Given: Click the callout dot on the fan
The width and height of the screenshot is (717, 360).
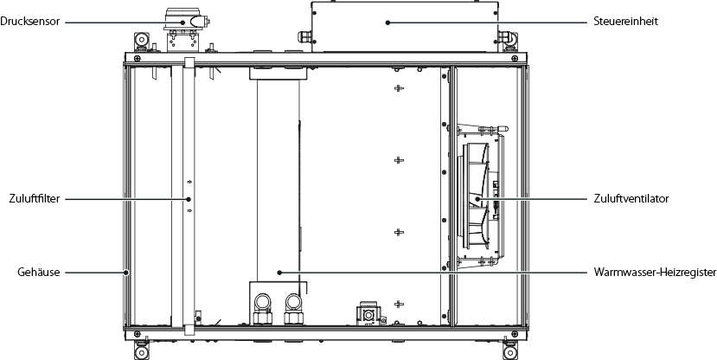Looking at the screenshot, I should click(x=477, y=199).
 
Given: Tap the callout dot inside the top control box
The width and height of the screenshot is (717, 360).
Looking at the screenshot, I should click(x=387, y=22).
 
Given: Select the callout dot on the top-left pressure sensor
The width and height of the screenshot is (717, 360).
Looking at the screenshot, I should click(x=182, y=22).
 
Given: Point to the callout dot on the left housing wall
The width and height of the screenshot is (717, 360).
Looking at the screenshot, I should click(x=126, y=272).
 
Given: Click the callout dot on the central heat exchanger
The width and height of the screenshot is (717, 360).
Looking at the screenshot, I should click(x=279, y=272).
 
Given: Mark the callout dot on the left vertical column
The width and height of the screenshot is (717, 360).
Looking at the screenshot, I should click(x=189, y=199).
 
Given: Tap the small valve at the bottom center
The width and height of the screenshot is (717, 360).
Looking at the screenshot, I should click(x=367, y=312).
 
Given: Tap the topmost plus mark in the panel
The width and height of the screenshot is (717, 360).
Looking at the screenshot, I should click(x=399, y=90).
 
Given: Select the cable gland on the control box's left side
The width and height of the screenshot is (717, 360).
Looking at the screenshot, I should click(x=303, y=38).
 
